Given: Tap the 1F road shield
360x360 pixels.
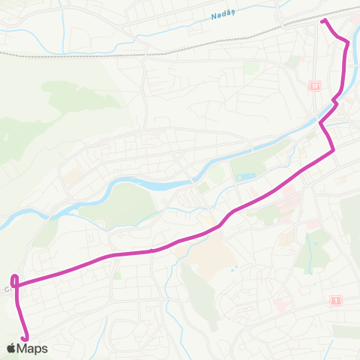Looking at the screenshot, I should pos(313,86).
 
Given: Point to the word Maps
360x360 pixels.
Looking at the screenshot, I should pos(33,348).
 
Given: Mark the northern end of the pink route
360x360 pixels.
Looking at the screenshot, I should pos(323,22).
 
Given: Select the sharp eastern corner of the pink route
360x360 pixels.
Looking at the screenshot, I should pos(333,151).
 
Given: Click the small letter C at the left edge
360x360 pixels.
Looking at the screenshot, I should pos(7,287).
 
